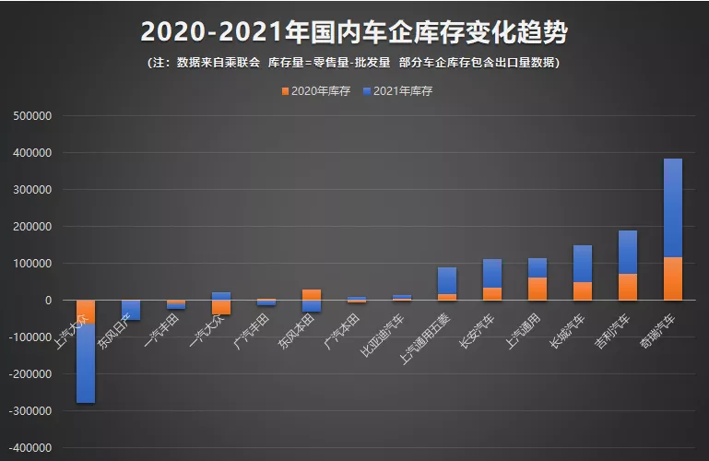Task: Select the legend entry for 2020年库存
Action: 315,91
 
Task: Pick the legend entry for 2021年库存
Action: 398,91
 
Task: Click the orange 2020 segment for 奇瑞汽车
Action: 673,278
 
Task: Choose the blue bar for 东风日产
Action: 131,311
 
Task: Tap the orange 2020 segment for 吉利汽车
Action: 628,287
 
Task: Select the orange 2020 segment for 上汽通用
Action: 538,289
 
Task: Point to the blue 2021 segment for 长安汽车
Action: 492,273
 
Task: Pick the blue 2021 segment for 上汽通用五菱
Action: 447,280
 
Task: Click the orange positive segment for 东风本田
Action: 312,295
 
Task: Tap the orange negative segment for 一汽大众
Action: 221,308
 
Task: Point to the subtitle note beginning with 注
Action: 354,63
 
